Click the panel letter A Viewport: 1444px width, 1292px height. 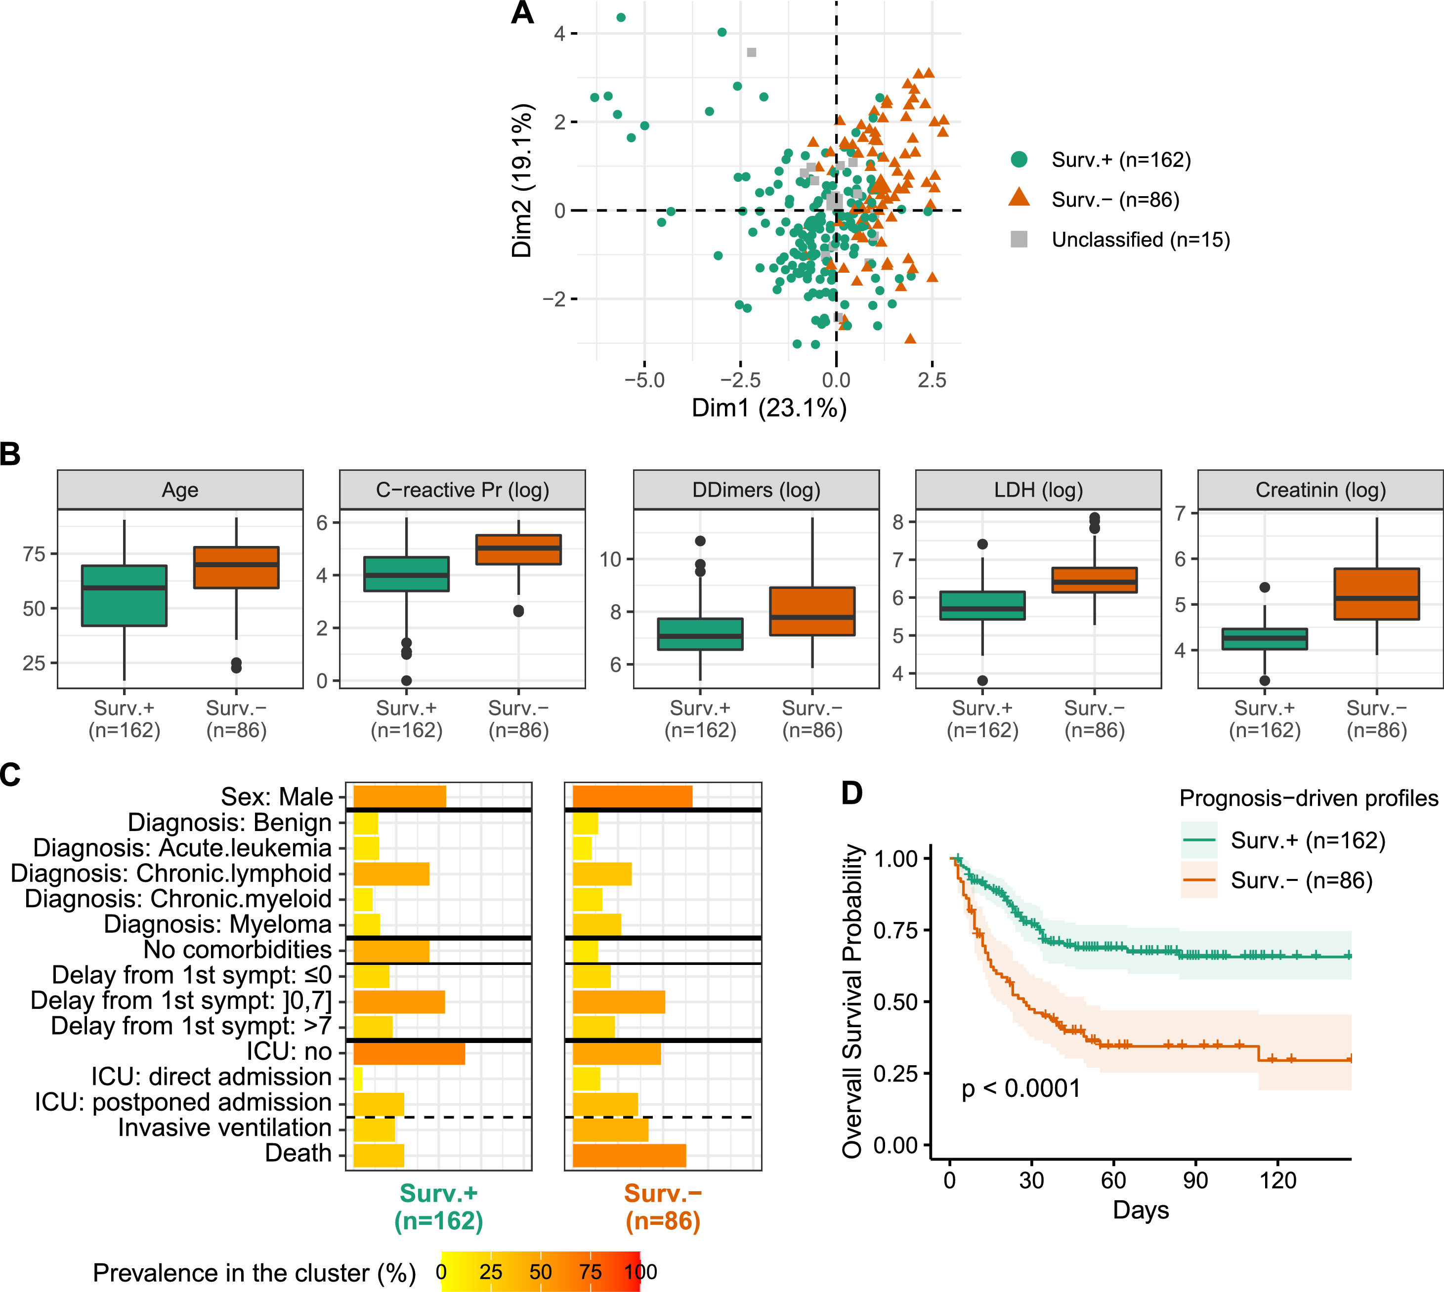pyautogui.click(x=522, y=13)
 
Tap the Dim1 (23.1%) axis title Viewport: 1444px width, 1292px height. pyautogui.click(x=769, y=408)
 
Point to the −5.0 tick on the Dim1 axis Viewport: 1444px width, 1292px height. pyautogui.click(x=644, y=380)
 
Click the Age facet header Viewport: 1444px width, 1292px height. pyautogui.click(x=180, y=490)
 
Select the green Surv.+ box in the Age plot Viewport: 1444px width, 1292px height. pyautogui.click(x=124, y=595)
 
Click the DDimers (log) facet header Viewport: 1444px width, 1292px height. pyautogui.click(x=756, y=490)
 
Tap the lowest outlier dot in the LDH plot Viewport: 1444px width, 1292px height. pyautogui.click(x=982, y=680)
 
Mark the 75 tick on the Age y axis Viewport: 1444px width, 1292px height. pyautogui.click(x=34, y=554)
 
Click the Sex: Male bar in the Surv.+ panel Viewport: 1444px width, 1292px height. pyautogui.click(x=400, y=796)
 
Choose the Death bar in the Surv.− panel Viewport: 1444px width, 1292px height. pyautogui.click(x=629, y=1156)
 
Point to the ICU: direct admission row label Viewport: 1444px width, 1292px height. pyautogui.click(x=211, y=1077)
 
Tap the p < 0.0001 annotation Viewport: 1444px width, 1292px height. pyautogui.click(x=1020, y=1088)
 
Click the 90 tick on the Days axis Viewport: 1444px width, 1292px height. pyautogui.click(x=1195, y=1180)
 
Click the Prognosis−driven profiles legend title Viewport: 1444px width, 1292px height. pyautogui.click(x=1309, y=798)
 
